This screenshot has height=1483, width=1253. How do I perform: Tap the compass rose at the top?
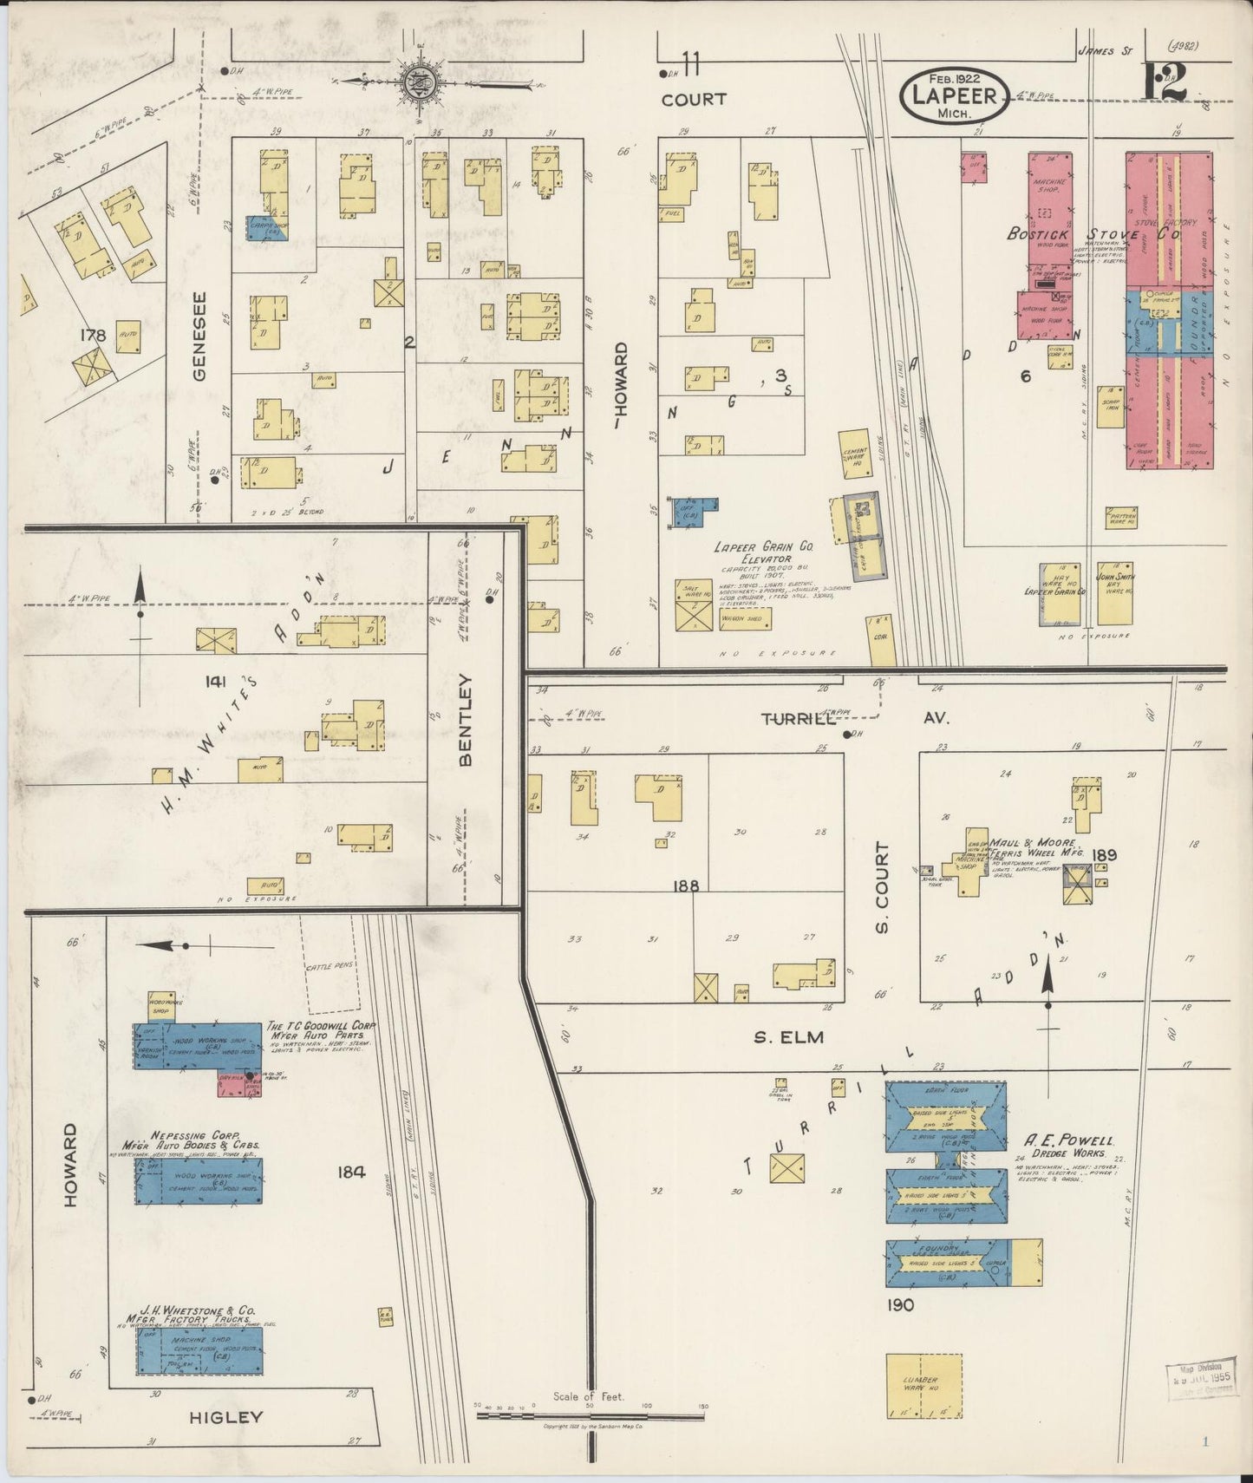[420, 84]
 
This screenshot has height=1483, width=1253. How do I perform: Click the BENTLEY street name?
[466, 720]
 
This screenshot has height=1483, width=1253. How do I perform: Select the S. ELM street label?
[787, 1036]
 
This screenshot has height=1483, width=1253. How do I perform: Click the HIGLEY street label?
[225, 1417]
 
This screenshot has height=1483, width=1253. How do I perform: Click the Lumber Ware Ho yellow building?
[923, 1385]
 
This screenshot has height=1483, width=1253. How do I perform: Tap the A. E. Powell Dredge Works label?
[1069, 1147]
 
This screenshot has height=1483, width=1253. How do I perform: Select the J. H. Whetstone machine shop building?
[199, 1350]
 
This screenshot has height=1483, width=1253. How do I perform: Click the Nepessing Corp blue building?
[199, 1180]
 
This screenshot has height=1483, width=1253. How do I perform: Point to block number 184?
[351, 1172]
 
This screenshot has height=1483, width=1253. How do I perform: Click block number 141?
[215, 682]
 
